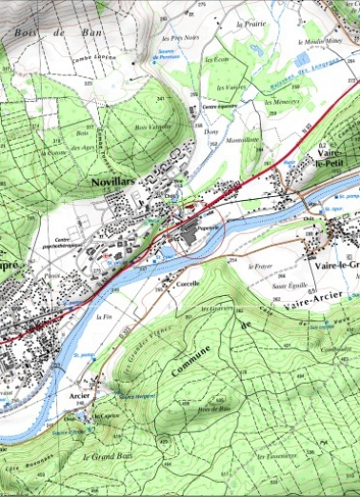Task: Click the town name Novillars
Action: tap(112, 179)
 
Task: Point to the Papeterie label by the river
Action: tap(208, 229)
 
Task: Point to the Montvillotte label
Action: tap(245, 138)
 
